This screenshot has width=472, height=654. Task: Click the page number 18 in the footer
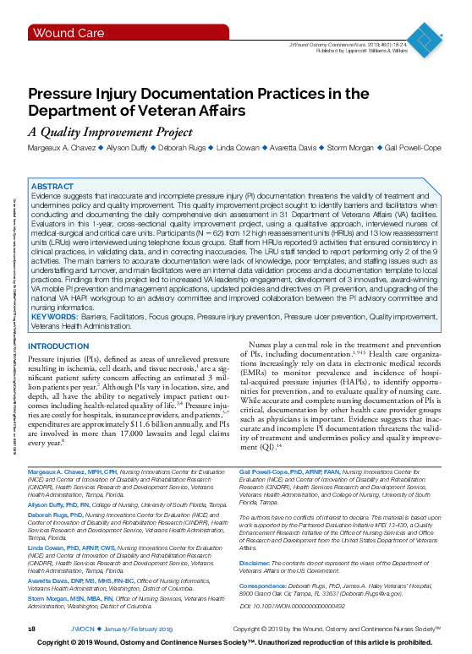(31, 629)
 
